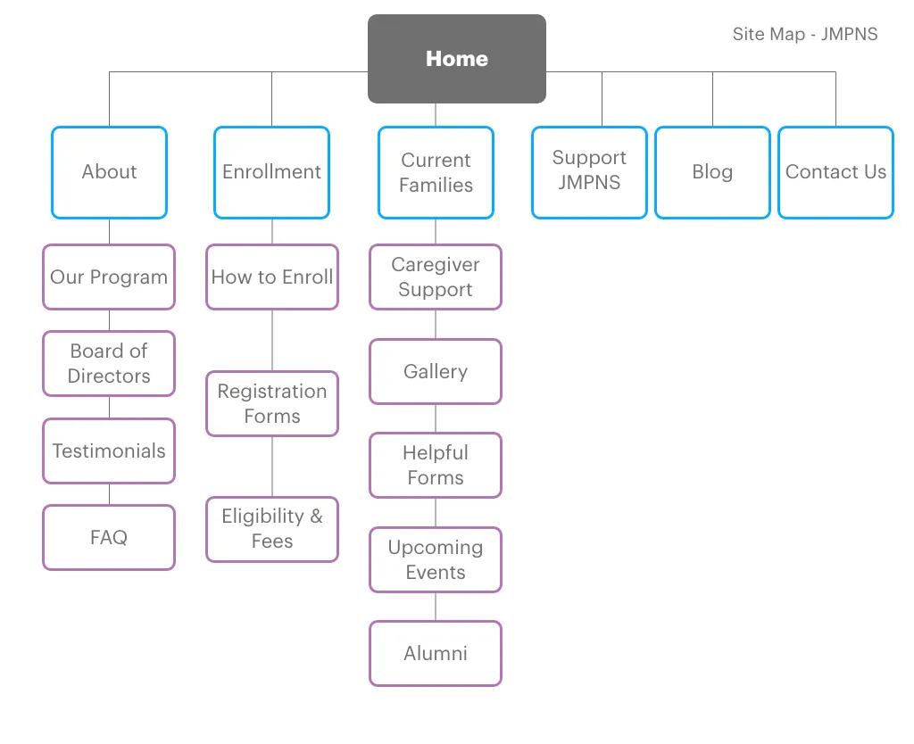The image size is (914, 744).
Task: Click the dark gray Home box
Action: (456, 59)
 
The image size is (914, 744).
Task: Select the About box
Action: (109, 172)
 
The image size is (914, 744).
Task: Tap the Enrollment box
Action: (271, 172)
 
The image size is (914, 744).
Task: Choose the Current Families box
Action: (436, 172)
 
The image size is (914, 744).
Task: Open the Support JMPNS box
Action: (589, 172)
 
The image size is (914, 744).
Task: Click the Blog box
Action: (712, 172)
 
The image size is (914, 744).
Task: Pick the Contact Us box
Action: (835, 172)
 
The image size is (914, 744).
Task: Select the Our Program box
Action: (109, 277)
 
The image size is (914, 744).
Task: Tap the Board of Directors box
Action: (109, 364)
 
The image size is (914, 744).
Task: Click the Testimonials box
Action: (109, 451)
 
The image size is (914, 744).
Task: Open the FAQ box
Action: (109, 538)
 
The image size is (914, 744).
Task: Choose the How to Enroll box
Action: (272, 277)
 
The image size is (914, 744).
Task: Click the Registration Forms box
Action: (272, 404)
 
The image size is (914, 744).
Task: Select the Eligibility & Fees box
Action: (272, 529)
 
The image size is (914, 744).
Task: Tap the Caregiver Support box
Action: (436, 277)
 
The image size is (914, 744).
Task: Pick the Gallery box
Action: (436, 372)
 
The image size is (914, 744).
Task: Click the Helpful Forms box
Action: (436, 466)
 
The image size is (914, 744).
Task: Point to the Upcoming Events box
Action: (436, 560)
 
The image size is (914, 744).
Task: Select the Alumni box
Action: (436, 654)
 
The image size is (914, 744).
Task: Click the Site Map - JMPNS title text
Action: (805, 35)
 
